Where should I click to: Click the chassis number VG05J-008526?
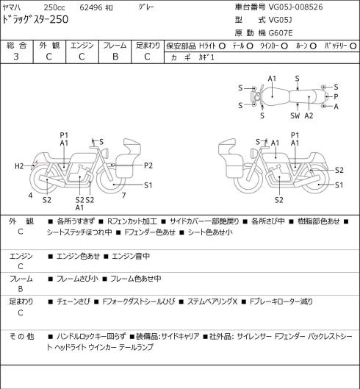tap(296, 7)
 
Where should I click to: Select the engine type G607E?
tap(281, 33)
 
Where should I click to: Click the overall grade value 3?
tap(16, 57)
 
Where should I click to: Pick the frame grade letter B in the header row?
tap(115, 57)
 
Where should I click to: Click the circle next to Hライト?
tap(222, 46)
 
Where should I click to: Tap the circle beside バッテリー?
tap(353, 46)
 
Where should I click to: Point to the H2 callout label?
tap(19, 166)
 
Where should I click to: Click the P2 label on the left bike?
tap(148, 165)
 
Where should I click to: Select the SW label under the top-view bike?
tap(295, 115)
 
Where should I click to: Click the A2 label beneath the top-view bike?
tap(309, 115)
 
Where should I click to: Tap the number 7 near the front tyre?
tap(123, 196)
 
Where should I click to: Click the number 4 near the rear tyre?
tap(30, 196)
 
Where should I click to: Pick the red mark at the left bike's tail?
tap(36, 163)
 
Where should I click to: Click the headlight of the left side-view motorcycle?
tap(106, 152)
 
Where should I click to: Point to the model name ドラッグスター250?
tap(35, 19)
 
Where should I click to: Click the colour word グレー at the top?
tap(146, 7)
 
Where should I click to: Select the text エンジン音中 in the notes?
tap(131, 256)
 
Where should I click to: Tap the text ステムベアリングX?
tap(212, 301)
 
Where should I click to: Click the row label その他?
tap(21, 336)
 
